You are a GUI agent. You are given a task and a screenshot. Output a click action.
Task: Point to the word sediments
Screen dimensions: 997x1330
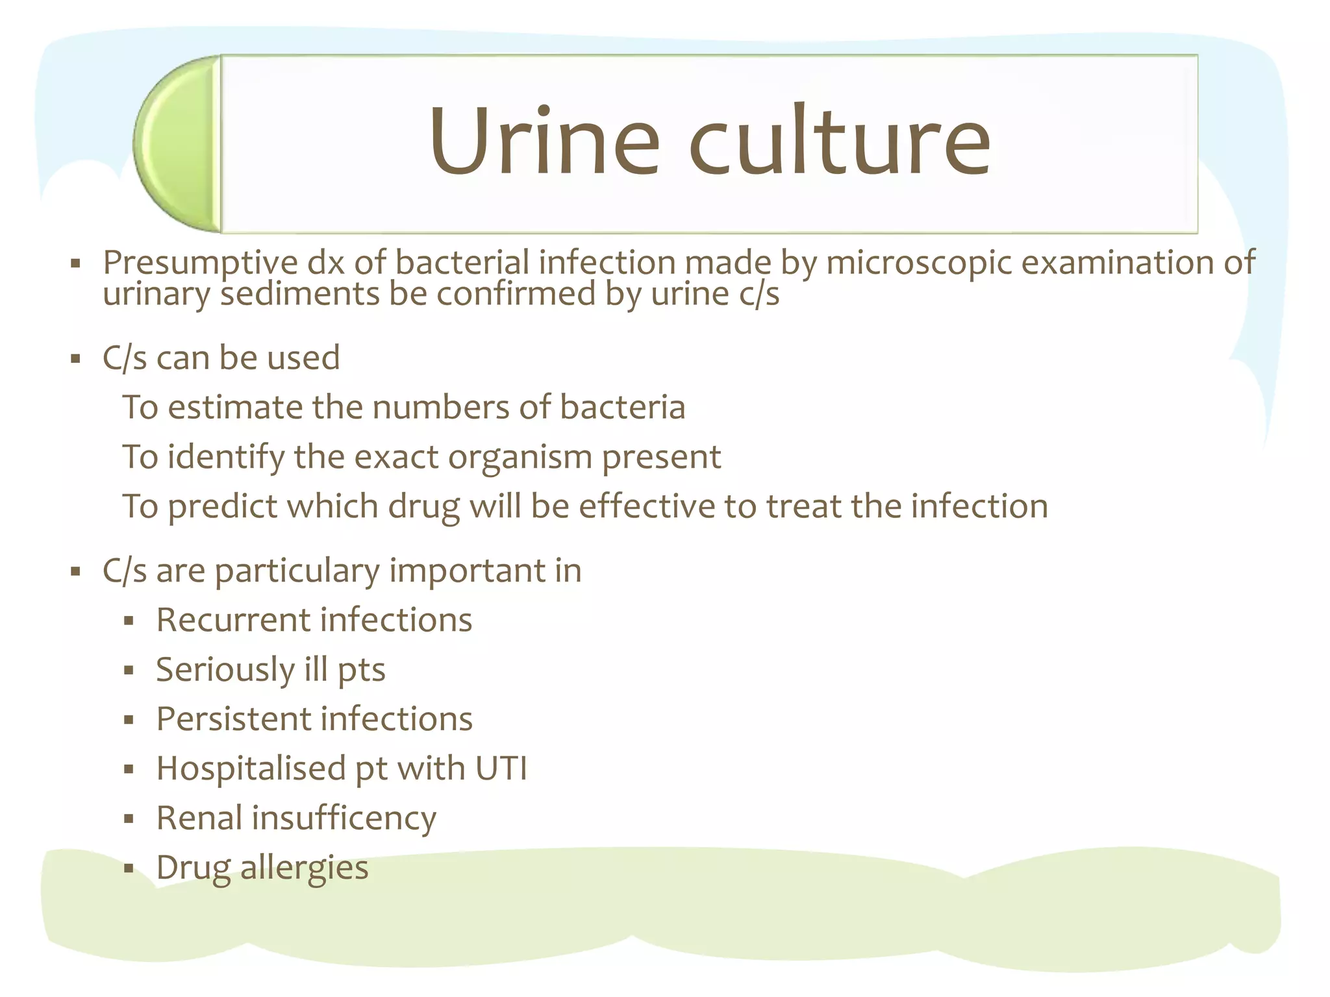299,294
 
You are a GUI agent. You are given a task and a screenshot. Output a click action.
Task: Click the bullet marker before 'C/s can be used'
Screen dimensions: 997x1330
76,359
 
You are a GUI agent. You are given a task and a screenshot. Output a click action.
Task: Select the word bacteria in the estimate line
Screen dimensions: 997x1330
621,408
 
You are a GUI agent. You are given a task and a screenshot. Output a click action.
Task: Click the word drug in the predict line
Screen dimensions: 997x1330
423,507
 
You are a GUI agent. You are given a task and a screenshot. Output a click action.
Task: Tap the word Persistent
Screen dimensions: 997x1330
233,719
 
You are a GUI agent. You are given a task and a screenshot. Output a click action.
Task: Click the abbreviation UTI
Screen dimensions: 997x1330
501,769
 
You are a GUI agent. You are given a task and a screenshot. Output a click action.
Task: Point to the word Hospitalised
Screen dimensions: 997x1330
251,769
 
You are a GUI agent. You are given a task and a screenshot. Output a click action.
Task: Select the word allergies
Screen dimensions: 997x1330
304,868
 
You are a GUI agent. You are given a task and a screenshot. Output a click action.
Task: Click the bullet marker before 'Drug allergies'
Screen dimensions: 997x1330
129,868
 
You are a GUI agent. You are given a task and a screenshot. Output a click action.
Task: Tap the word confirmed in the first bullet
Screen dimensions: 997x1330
516,294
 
